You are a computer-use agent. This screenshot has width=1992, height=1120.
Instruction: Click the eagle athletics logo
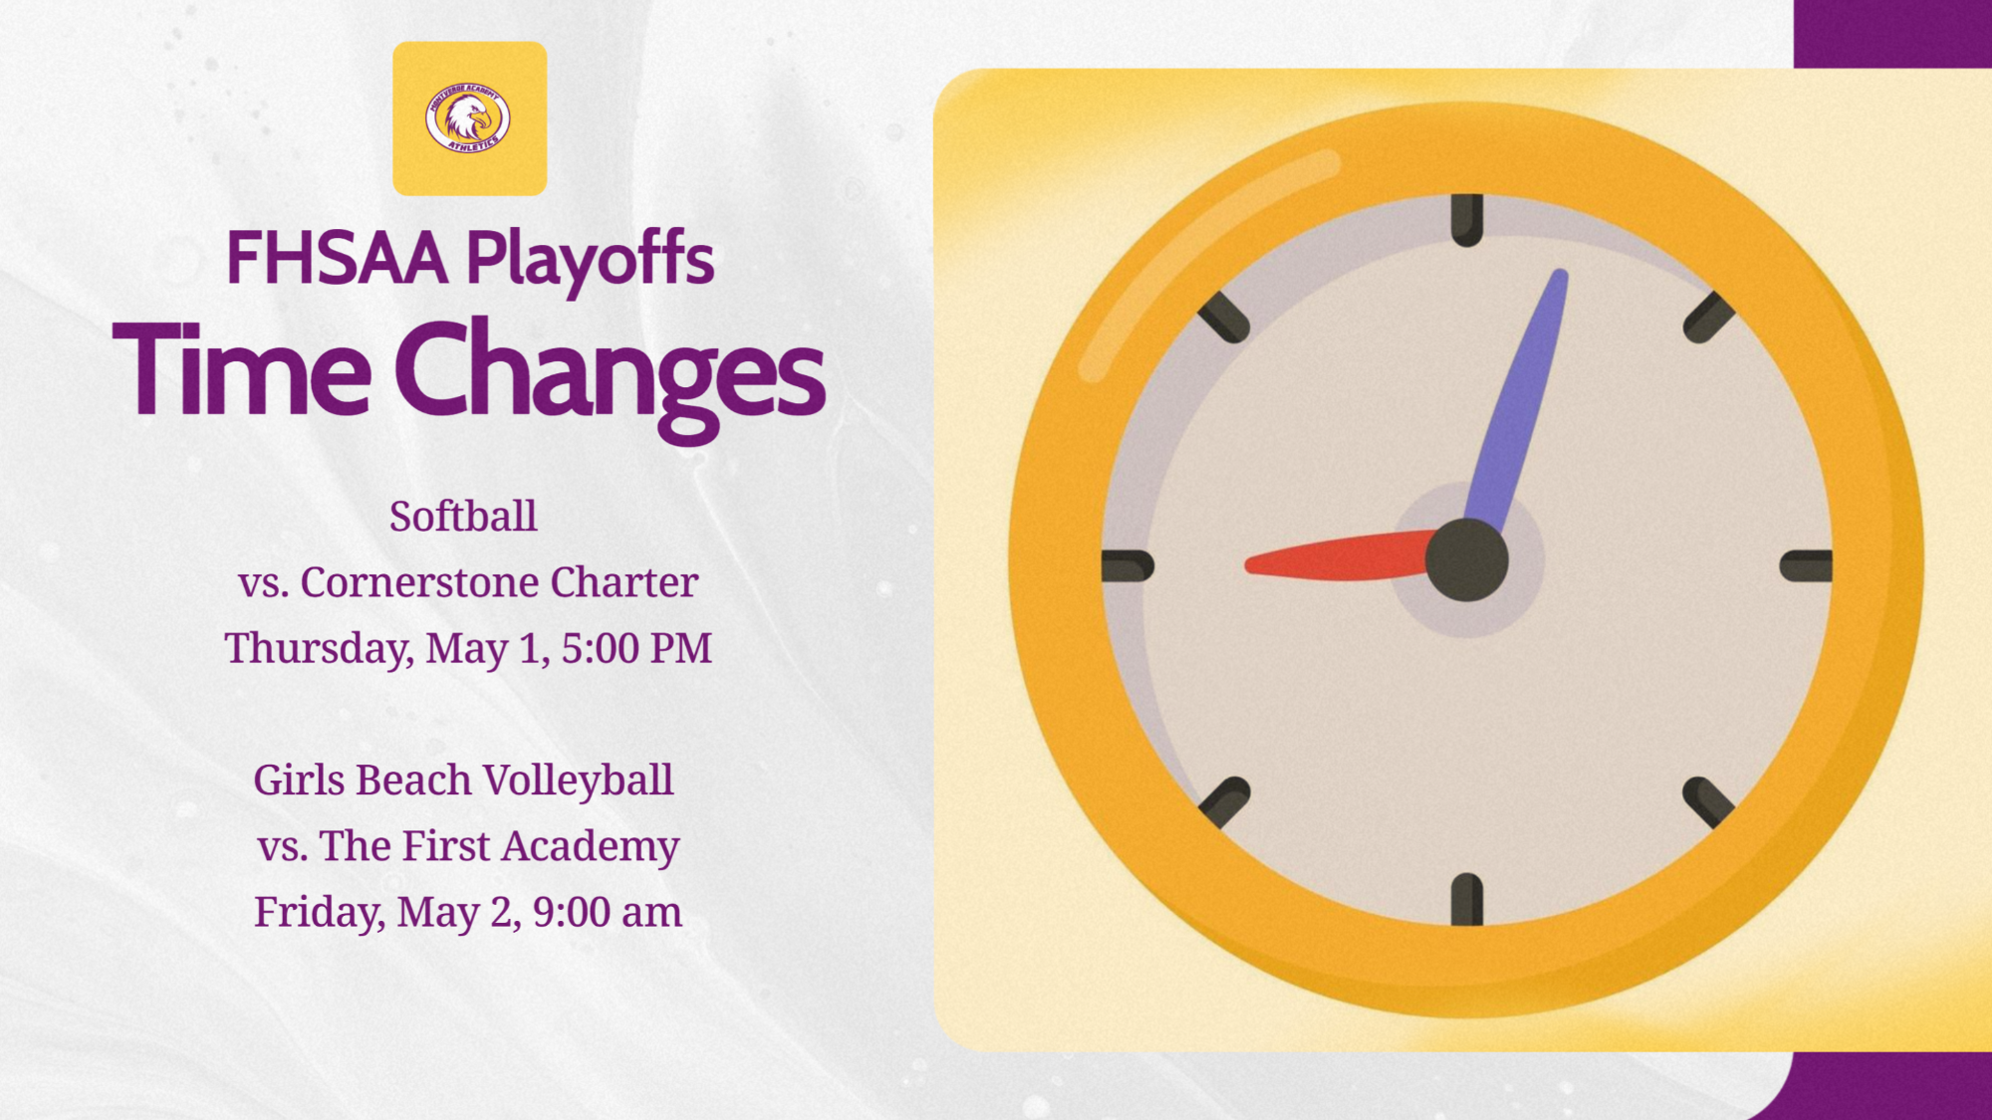(x=469, y=118)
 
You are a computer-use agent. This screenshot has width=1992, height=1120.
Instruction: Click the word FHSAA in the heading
(x=337, y=259)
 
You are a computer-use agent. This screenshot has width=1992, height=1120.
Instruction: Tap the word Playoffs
(x=590, y=259)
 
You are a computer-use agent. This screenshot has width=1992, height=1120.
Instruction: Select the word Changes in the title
(x=610, y=372)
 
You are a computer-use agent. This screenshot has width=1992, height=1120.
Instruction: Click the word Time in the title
(x=242, y=370)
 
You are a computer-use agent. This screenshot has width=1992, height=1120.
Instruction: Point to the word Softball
(x=463, y=517)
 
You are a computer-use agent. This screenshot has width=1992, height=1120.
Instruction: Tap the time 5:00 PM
(x=636, y=648)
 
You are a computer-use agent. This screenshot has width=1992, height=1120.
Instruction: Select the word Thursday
(x=318, y=648)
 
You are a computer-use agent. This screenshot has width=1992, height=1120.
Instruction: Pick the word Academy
(x=590, y=846)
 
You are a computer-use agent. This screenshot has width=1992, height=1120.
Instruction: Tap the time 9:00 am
(x=608, y=912)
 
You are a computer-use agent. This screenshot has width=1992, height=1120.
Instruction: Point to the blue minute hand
(x=1519, y=398)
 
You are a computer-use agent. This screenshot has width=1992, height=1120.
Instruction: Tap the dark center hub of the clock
(x=1467, y=560)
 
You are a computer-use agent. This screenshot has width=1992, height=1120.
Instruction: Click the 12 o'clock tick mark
(x=1467, y=220)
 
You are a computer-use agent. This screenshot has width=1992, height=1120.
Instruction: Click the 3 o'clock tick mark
(x=1806, y=565)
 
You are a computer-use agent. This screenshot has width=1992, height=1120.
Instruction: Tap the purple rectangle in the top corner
(x=1892, y=33)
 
